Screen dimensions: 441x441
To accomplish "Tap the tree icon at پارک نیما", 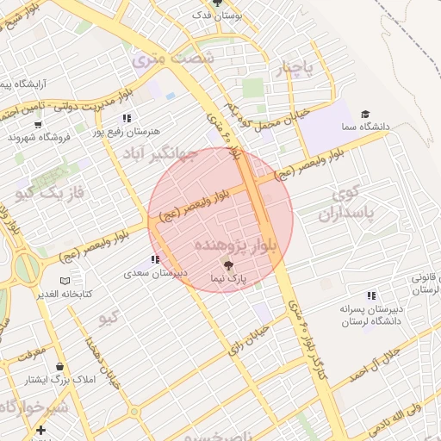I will point(228,264).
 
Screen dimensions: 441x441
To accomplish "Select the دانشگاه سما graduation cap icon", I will point(365,114).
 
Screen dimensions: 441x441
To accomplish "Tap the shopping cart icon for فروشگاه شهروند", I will point(13,136).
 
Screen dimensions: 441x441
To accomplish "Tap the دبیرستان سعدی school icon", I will point(155,259).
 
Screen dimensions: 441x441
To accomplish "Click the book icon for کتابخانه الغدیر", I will point(65,281).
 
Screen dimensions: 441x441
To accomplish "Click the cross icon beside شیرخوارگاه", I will point(40,429).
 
